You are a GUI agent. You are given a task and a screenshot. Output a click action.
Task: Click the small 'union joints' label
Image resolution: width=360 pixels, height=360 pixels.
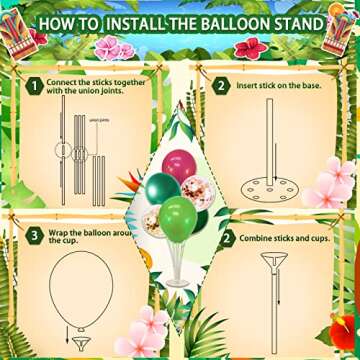point(100,119)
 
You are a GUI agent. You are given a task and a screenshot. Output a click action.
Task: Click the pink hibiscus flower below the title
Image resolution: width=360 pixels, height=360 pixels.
point(107,46)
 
